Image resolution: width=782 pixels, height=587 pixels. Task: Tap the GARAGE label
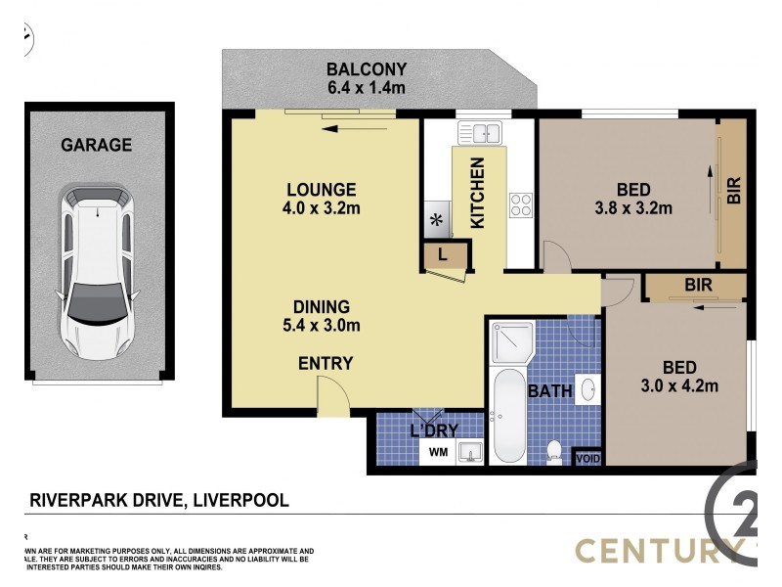(97, 145)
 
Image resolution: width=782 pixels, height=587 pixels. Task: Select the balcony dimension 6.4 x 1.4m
(366, 89)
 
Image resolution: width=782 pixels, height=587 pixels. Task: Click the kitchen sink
(479, 133)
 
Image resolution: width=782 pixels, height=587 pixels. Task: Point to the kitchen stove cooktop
(520, 205)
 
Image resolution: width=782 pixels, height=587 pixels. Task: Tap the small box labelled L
(442, 255)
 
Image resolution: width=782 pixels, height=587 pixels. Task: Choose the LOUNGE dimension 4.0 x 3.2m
(321, 207)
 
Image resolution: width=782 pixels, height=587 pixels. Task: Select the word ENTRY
(326, 364)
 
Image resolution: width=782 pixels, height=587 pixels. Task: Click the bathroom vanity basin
(587, 390)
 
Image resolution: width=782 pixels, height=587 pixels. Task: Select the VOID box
(587, 458)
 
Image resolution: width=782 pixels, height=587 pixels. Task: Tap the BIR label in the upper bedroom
(734, 189)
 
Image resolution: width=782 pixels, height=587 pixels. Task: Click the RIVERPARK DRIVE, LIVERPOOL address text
(158, 500)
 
